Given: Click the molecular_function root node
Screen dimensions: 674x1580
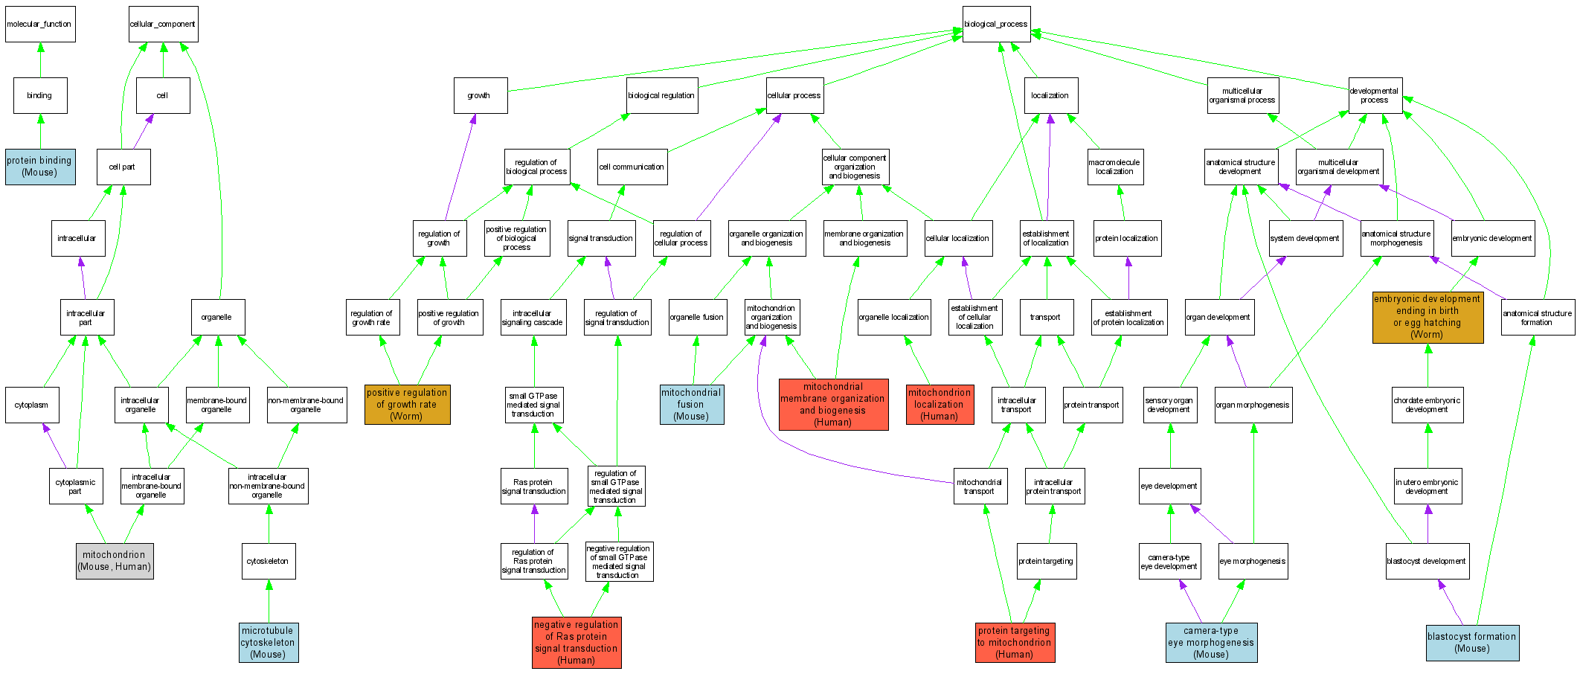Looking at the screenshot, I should point(40,24).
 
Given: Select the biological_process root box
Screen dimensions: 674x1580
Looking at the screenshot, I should point(996,24).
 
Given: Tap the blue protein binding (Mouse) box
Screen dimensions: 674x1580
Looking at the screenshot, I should point(40,167).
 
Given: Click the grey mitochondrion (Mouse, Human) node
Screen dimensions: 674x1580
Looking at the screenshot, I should point(115,561).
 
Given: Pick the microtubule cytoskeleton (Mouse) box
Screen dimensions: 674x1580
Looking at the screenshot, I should point(269,643).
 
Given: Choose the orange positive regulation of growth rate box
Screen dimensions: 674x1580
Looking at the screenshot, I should point(407,405).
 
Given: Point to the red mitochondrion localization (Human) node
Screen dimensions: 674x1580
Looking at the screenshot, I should point(940,405).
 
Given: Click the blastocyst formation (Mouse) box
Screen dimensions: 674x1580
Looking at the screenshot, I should point(1472,643).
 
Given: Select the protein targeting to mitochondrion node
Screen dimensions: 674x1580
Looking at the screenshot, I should point(1015,643).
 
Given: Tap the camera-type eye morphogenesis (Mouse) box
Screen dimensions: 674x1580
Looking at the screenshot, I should point(1211,643).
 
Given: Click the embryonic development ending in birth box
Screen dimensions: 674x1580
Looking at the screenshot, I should point(1428,317).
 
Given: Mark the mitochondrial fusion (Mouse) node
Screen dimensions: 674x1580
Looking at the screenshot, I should point(691,405).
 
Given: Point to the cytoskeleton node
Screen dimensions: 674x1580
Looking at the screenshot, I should point(269,561).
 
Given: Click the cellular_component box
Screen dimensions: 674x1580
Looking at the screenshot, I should point(163,24).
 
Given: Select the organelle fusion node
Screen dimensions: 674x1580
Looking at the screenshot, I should point(697,317).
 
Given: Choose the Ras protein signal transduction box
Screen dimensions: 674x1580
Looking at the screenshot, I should point(534,486).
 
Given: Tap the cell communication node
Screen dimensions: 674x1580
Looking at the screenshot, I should point(632,167).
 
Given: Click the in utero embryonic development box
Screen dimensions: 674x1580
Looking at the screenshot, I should point(1427,486).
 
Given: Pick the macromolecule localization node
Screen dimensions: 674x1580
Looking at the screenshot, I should point(1114,167).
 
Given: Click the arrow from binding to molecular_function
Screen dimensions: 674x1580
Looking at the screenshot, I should point(40,60).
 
